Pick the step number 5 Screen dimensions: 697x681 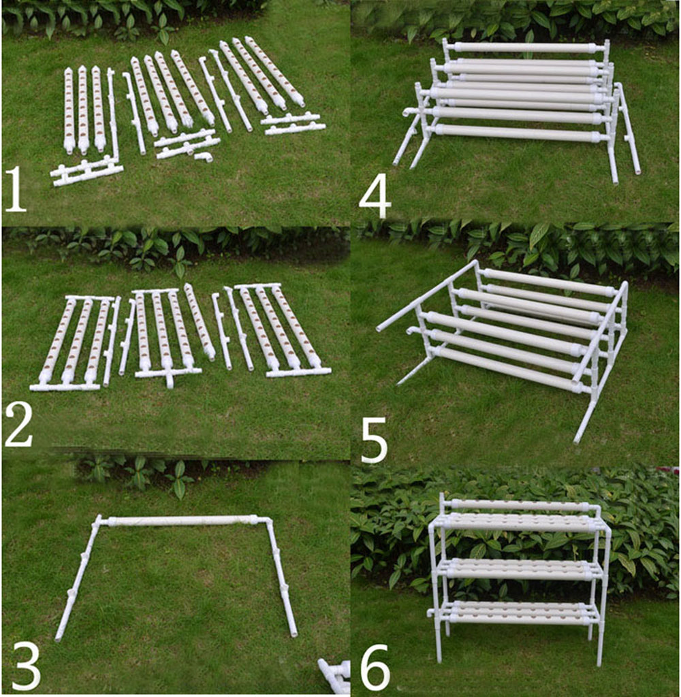374,440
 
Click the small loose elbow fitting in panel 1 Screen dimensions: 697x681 203,157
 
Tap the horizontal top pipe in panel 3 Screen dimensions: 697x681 180,521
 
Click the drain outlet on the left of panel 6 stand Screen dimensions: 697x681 431,612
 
